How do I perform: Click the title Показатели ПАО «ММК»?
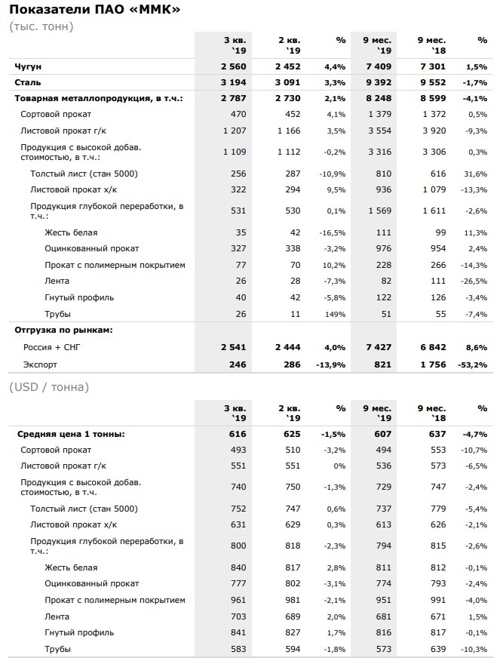tap(95, 9)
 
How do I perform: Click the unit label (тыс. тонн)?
tap(41, 26)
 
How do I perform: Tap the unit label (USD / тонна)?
tap(49, 387)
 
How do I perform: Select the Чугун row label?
tap(28, 66)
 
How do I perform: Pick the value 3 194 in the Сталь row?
tap(233, 83)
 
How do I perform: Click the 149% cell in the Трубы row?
tap(336, 315)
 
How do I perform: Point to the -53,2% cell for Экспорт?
tap(473, 365)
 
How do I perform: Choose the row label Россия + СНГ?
tap(52, 347)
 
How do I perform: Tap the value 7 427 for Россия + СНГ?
tap(379, 347)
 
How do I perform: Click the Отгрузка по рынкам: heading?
tap(63, 330)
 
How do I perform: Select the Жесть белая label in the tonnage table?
tap(71, 232)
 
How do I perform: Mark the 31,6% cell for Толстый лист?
tap(477, 174)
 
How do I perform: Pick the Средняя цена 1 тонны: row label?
tap(71, 434)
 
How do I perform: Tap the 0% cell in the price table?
tap(339, 466)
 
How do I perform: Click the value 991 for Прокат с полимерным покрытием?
tap(438, 601)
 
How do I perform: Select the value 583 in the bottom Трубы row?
tap(238, 649)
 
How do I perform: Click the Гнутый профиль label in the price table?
tap(79, 633)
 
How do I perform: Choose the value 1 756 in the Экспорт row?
tap(433, 364)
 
